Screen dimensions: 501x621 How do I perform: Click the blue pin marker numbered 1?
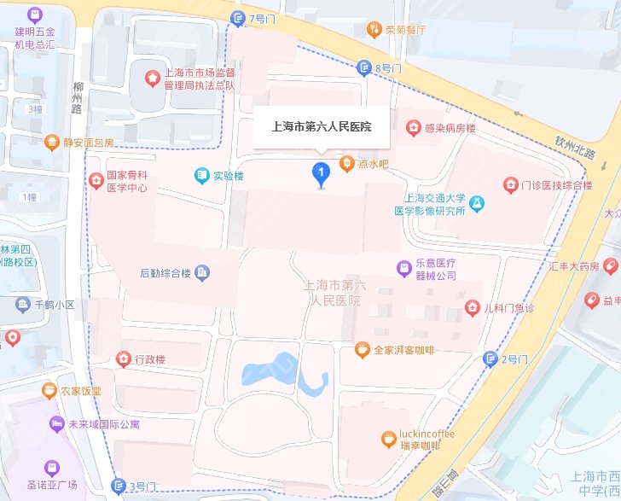(x=321, y=175)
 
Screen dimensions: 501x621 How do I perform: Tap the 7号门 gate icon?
(x=238, y=19)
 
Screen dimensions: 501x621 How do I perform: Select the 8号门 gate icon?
(x=366, y=68)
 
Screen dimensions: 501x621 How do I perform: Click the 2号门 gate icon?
(x=490, y=358)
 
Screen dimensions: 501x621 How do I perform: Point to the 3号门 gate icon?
(x=119, y=487)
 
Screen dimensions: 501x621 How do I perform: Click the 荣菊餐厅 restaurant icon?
(x=373, y=30)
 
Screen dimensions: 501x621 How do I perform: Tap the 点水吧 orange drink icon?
(x=347, y=162)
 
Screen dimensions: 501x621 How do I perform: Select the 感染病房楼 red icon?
(x=413, y=127)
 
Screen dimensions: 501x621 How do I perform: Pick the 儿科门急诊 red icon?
(x=472, y=307)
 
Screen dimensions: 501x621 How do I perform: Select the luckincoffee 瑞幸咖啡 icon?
(x=388, y=440)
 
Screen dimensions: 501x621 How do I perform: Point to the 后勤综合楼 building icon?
(x=202, y=273)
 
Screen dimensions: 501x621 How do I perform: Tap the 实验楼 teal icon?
(x=201, y=176)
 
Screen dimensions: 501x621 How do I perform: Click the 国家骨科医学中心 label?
(x=127, y=182)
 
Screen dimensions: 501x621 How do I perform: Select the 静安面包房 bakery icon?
(x=53, y=142)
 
